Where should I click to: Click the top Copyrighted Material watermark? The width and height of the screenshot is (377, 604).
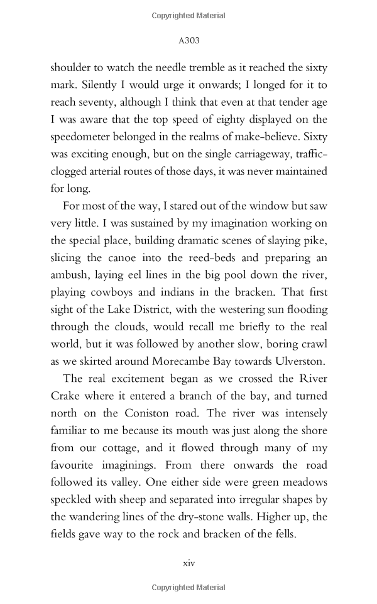pyautogui.click(x=188, y=15)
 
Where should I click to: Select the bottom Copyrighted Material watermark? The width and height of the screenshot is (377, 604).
pyautogui.click(x=188, y=588)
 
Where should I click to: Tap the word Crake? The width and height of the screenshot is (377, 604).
pyautogui.click(x=65, y=393)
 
